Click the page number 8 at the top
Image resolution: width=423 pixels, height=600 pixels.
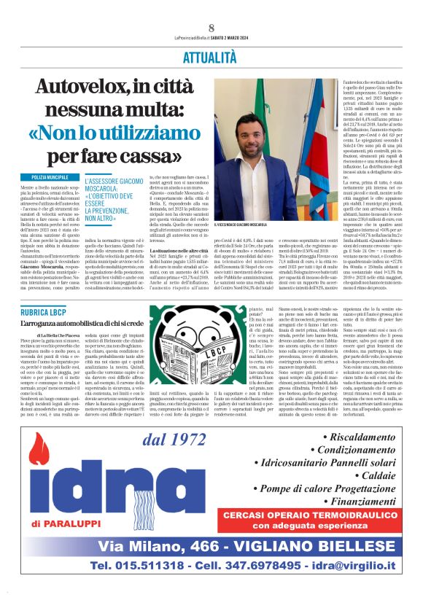[x=211, y=28]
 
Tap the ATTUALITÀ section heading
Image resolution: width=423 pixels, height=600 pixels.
[x=211, y=56]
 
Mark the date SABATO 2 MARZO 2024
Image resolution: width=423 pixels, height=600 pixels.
[x=244, y=39]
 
